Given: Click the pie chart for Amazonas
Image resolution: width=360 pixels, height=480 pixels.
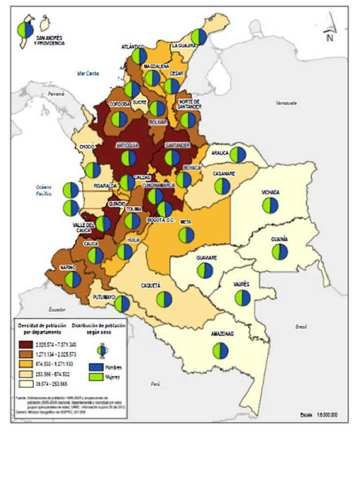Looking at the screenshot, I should point(220,351).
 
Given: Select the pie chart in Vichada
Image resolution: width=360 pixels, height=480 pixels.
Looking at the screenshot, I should point(270,205).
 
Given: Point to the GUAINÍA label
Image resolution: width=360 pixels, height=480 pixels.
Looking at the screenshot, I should point(279,239).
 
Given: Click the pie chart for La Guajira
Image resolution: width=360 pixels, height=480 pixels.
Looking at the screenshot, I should point(199,37).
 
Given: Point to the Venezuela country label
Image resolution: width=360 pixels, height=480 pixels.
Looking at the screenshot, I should point(287,103).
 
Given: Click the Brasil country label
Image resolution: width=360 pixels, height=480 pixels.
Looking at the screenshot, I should point(301,326).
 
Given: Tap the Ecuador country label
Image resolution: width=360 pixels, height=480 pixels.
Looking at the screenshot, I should point(56,309).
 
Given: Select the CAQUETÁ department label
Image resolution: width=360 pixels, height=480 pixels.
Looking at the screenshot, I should point(151,285).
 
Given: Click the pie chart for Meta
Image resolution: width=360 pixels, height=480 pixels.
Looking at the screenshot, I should point(186,235).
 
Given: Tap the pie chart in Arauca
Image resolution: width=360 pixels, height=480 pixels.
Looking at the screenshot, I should point(238,155).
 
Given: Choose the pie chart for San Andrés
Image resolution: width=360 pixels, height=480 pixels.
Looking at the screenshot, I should point(25,30).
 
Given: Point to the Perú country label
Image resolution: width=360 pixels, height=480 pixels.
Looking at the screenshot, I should point(155,384).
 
